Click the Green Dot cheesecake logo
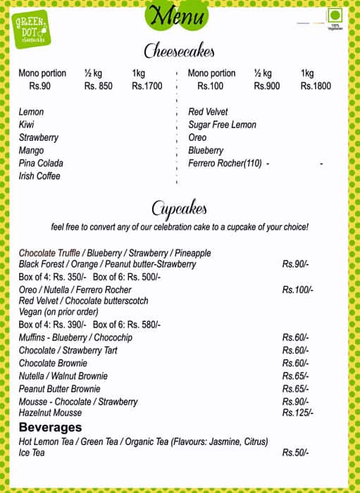coord(31,30)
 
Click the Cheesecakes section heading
coord(179,51)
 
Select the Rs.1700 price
coord(147,87)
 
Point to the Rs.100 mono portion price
coord(211,87)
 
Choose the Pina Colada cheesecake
coord(41,163)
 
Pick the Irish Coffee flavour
coord(39,176)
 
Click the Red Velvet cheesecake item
coord(208,112)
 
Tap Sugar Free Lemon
coord(222,125)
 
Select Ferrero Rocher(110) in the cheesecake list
coord(225,163)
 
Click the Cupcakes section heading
coord(179,208)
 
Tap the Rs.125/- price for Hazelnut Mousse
coord(298,413)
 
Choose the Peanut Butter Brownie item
coord(59,389)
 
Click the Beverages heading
coord(50,428)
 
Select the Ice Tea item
coord(32,453)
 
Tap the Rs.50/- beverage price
coord(295,453)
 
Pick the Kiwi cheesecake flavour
coord(27,125)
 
